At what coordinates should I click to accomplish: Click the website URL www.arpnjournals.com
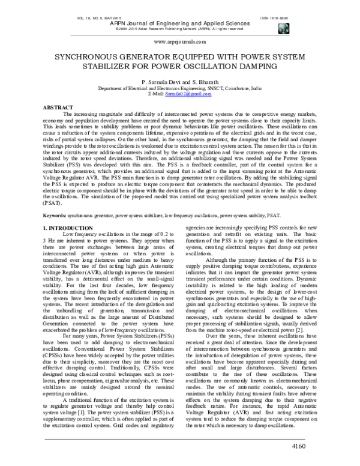180,43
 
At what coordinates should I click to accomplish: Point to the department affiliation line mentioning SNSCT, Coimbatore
180,88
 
